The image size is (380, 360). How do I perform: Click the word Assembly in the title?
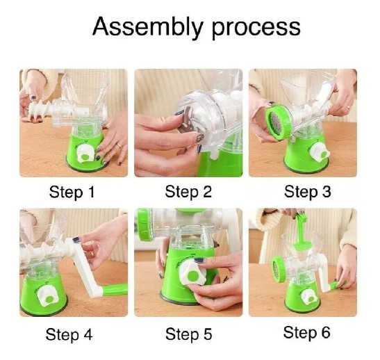click(x=147, y=27)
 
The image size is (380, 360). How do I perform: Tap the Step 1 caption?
click(x=72, y=193)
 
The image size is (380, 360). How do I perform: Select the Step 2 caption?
click(x=188, y=192)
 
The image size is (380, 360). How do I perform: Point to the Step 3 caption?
click(x=307, y=192)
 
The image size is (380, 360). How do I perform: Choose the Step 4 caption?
click(x=69, y=335)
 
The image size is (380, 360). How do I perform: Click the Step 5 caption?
click(x=188, y=334)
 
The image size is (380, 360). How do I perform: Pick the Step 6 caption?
click(x=306, y=332)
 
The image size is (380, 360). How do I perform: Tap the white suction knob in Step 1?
click(x=85, y=154)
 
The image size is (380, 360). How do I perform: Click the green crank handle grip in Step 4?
click(x=115, y=291)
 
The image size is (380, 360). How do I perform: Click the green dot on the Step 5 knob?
click(x=193, y=276)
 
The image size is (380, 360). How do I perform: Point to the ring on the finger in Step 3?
click(x=348, y=107)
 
